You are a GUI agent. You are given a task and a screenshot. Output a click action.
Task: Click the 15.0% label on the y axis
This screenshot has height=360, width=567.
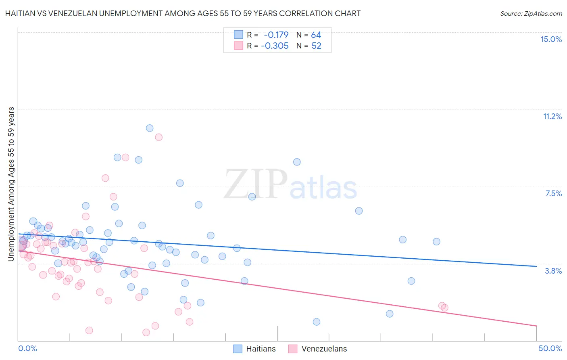tap(551, 39)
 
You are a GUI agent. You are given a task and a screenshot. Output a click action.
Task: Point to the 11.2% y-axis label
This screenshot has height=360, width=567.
tap(552, 116)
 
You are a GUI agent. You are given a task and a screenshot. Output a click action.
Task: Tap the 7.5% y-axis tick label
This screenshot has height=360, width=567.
tap(553, 193)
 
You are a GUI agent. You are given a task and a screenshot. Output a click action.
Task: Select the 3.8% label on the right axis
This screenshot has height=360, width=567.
tap(553, 271)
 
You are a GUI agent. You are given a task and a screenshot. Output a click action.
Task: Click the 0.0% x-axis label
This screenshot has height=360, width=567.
tap(27, 348)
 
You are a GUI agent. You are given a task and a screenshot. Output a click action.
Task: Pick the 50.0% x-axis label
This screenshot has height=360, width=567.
tap(550, 348)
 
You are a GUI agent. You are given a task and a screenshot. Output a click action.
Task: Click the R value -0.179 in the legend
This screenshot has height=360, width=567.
tap(276, 35)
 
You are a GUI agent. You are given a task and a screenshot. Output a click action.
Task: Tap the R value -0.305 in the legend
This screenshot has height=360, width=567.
tap(275, 46)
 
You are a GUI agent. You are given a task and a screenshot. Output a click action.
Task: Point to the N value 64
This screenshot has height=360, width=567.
tap(316, 35)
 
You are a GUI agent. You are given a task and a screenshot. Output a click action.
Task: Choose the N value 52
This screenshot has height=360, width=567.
tap(316, 46)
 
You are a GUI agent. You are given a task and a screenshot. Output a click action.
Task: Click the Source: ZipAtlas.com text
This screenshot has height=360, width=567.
tap(531, 13)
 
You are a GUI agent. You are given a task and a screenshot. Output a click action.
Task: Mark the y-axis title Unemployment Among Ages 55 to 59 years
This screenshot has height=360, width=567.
tap(11, 184)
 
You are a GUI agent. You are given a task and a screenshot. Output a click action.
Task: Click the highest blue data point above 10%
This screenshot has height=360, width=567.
tap(150, 128)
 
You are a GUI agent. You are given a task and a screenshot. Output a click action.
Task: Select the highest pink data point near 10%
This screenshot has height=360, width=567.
tap(159, 137)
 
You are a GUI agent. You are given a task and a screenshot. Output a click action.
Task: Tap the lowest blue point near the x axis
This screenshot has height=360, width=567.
tap(317, 322)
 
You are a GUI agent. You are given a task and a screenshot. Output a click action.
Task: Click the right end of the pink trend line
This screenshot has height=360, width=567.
tap(536, 326)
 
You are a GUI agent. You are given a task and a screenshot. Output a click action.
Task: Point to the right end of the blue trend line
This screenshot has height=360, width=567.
tap(536, 266)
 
